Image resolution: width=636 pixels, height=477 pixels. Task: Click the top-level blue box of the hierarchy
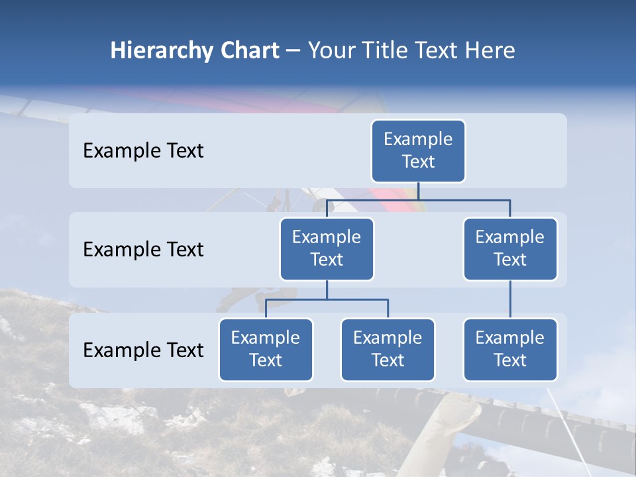click(418, 150)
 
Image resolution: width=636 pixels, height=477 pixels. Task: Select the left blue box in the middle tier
click(327, 248)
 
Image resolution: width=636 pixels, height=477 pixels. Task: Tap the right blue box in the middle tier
click(510, 248)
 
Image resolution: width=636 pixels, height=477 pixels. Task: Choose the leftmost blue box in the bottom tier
click(266, 349)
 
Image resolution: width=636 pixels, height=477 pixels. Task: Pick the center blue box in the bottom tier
click(388, 349)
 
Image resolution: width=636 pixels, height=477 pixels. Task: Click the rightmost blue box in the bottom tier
click(510, 349)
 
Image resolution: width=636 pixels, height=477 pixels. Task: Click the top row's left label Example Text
click(143, 151)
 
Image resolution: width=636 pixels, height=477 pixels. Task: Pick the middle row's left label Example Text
click(143, 250)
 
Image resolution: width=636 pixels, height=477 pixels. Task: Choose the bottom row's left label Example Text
click(143, 350)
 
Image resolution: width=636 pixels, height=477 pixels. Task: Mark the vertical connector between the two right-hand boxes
click(510, 299)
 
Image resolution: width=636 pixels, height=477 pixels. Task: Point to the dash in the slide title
click(294, 51)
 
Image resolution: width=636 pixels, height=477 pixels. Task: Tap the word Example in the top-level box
click(418, 139)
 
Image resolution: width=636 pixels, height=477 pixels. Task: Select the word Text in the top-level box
click(418, 162)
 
